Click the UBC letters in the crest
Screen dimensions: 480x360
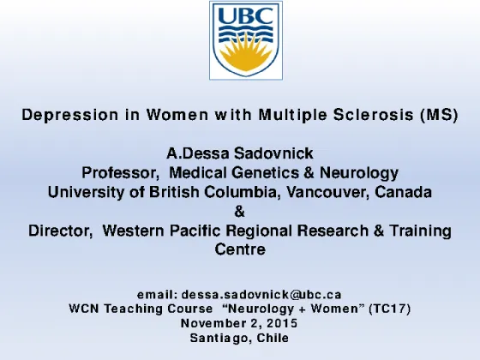click(x=246, y=15)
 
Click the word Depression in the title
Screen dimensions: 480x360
click(x=70, y=115)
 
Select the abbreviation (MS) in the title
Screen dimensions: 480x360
click(x=440, y=115)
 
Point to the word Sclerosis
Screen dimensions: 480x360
click(x=373, y=115)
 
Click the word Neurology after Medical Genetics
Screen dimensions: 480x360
click(x=359, y=173)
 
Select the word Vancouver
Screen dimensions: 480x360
click(x=327, y=192)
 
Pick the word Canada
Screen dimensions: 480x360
click(x=403, y=192)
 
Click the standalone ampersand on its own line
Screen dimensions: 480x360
click(x=240, y=212)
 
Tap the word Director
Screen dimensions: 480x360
click(x=61, y=231)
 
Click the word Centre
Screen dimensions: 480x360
click(x=240, y=249)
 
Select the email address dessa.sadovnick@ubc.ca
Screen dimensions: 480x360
click(x=261, y=295)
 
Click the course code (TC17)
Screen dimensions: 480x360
click(x=390, y=309)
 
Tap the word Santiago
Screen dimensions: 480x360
click(x=221, y=338)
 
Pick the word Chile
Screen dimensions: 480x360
click(x=273, y=338)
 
